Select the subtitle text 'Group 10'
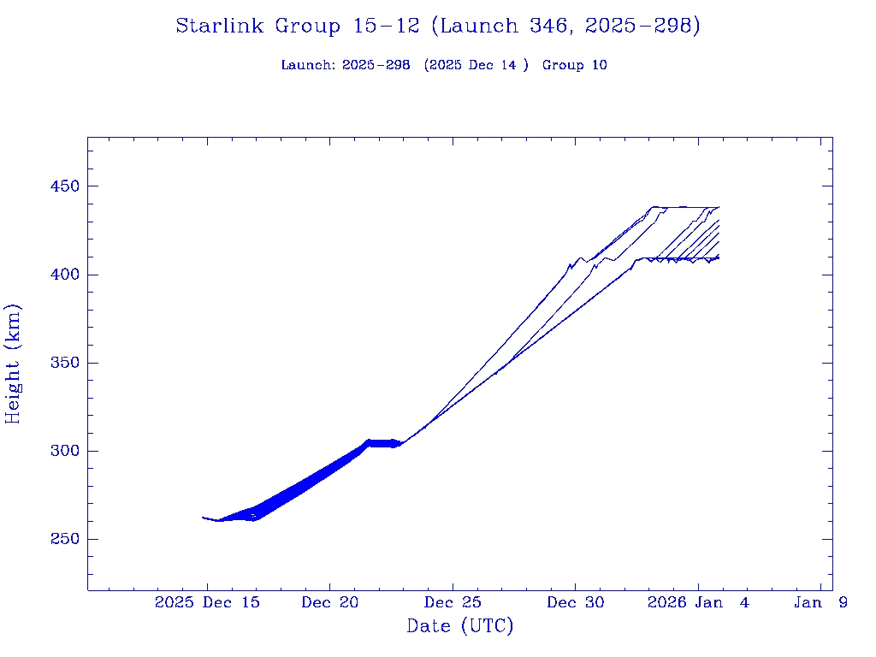[x=575, y=65]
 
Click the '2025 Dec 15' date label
[x=207, y=602]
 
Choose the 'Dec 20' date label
[x=330, y=602]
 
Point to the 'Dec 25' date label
[x=453, y=602]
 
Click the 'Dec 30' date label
[x=576, y=602]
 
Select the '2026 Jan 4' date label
[x=698, y=602]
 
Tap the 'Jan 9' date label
[x=820, y=602]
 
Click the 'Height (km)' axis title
[x=13, y=364]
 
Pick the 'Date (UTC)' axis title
[x=460, y=626]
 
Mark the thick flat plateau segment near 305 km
[x=383, y=442]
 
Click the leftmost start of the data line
[x=203, y=518]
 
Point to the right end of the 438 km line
[x=719, y=207]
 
